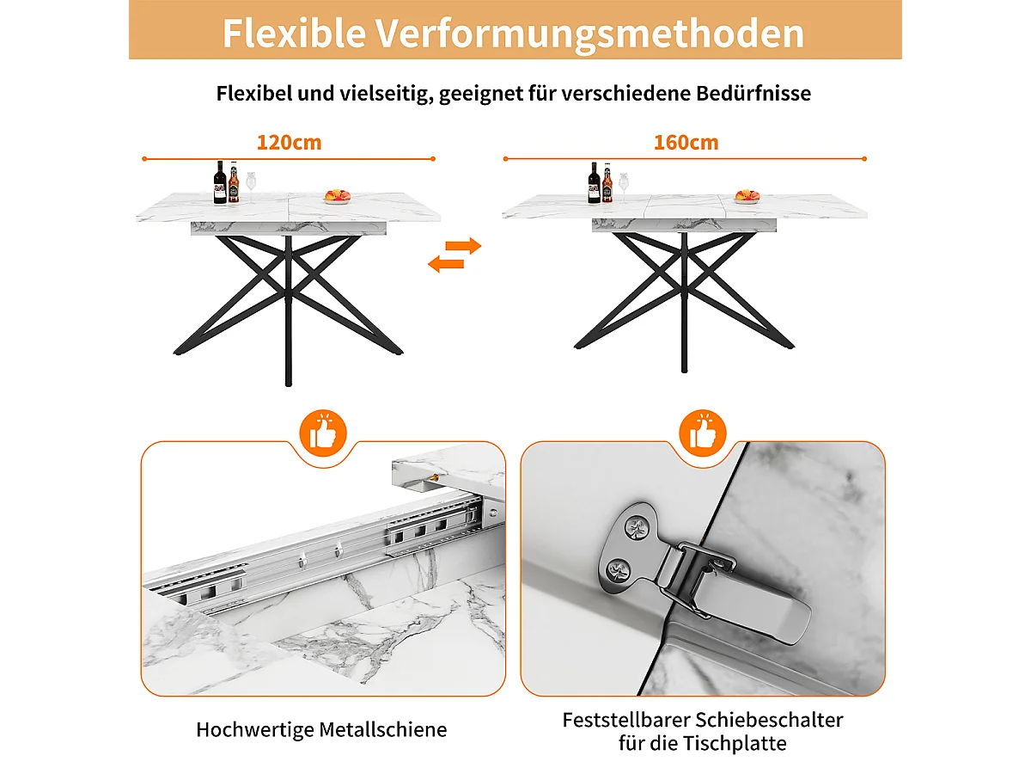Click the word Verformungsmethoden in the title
pyautogui.click(x=589, y=33)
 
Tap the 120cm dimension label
pyautogui.click(x=289, y=142)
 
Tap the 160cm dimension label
pyautogui.click(x=686, y=142)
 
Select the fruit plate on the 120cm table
pyautogui.click(x=336, y=197)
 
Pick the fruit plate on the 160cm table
pyautogui.click(x=747, y=196)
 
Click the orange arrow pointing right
pyautogui.click(x=463, y=246)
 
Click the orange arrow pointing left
pyautogui.click(x=446, y=264)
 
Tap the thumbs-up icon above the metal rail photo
pyautogui.click(x=324, y=433)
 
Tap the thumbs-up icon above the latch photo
pyautogui.click(x=702, y=433)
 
